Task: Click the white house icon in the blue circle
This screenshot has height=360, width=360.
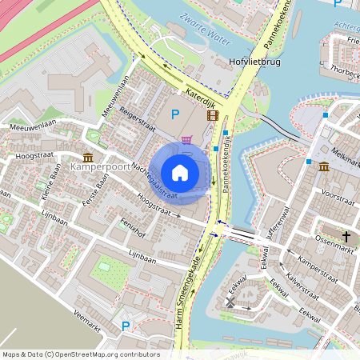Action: [180, 172]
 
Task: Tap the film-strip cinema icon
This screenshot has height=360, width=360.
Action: [212, 115]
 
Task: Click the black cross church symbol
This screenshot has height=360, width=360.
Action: [346, 236]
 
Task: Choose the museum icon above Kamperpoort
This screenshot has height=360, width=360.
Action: [88, 157]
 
